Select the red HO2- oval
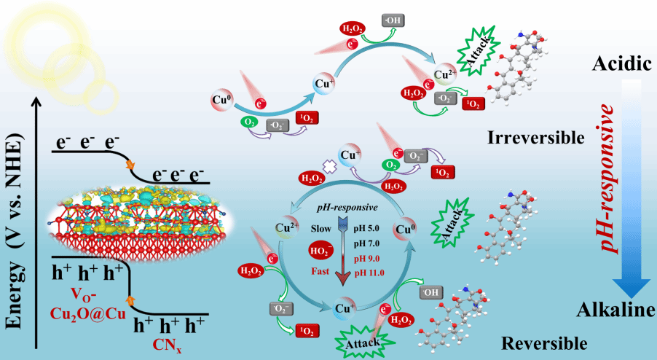[x=325, y=249]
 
